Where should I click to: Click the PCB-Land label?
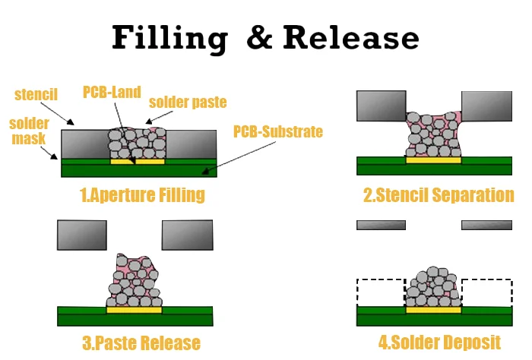(x=113, y=93)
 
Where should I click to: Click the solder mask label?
(x=27, y=131)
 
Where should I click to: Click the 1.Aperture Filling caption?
(x=142, y=194)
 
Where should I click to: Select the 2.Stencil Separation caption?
(x=439, y=195)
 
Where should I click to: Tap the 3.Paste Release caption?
(x=141, y=343)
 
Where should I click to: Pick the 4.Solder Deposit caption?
(x=439, y=342)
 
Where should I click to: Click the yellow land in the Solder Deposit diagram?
(x=433, y=310)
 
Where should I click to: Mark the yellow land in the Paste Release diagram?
(x=135, y=310)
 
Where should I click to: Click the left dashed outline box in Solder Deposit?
(x=380, y=292)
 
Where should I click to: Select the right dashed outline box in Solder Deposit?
(x=486, y=292)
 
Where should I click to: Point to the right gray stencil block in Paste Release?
(x=187, y=235)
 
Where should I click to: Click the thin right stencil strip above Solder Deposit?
(x=486, y=225)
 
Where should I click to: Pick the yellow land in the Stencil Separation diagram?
(x=433, y=160)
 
